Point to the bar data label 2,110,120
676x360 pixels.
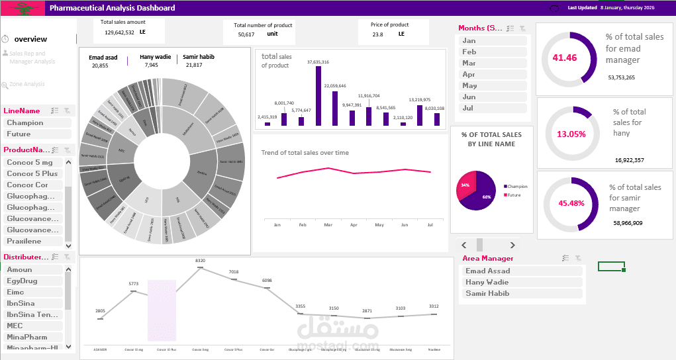click(402, 117)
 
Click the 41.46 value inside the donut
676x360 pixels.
click(565, 58)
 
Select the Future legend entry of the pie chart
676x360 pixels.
click(514, 195)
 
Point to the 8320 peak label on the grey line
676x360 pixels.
click(201, 261)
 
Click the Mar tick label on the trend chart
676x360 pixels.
click(328, 225)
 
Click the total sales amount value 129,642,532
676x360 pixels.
click(119, 32)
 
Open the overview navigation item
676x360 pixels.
click(30, 39)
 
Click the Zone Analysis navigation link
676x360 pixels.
click(26, 85)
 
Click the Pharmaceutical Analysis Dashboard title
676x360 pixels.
click(113, 8)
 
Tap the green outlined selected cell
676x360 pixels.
click(610, 266)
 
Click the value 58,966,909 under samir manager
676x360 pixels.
click(628, 223)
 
